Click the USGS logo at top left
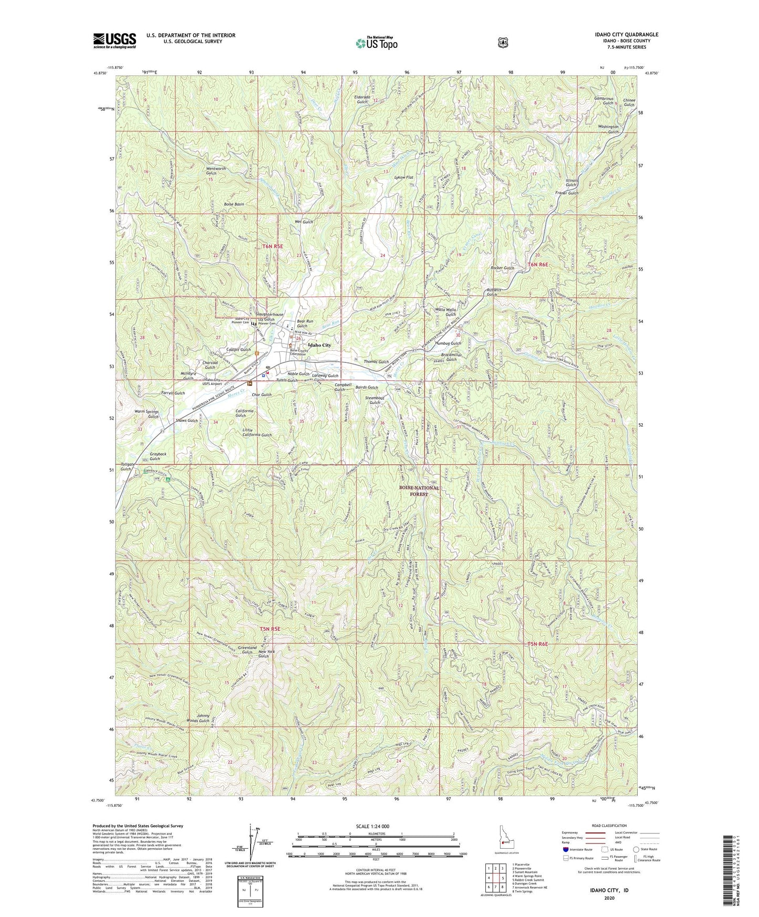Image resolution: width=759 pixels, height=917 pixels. point(115,40)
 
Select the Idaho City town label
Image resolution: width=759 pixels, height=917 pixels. point(319,345)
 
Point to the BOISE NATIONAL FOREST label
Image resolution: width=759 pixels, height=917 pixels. point(419,491)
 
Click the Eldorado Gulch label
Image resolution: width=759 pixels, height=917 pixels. point(363,99)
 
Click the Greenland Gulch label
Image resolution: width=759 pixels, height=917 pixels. point(247,650)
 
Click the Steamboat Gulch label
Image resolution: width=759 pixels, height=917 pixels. point(376,400)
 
